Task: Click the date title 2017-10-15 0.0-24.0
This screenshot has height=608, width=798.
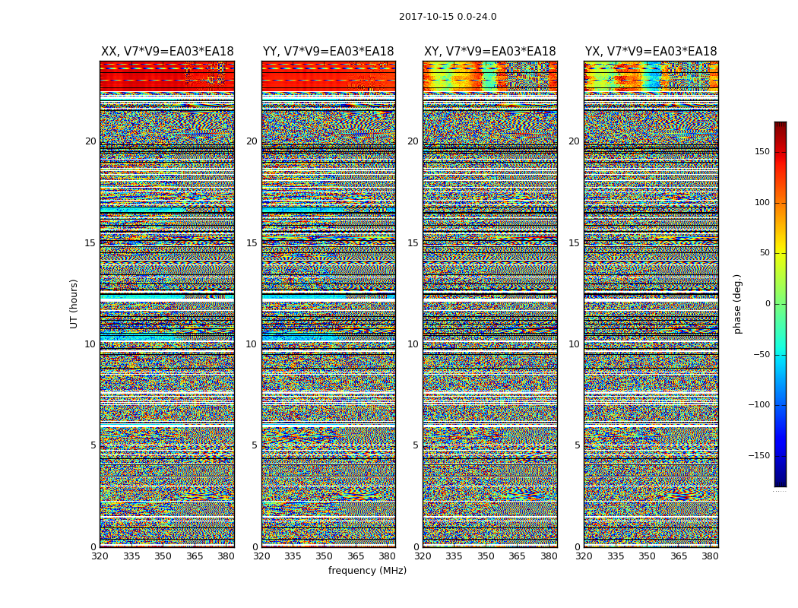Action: (448, 17)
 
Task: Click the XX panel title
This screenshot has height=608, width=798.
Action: (167, 52)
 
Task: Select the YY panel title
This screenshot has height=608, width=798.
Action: (328, 52)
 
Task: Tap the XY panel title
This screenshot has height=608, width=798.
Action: (489, 52)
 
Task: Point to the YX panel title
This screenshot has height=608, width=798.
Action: (651, 52)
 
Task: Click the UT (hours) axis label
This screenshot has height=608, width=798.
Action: (74, 303)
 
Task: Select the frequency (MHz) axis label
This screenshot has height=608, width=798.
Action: (367, 571)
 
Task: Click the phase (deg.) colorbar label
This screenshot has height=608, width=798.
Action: (737, 303)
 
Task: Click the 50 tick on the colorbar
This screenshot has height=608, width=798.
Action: (778, 253)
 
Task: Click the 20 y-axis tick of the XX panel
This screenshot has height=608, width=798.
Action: (90, 141)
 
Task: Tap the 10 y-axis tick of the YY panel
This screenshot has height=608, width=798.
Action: (252, 344)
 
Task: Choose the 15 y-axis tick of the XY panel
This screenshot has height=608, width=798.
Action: (413, 243)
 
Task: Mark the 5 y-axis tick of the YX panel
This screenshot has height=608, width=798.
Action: (577, 445)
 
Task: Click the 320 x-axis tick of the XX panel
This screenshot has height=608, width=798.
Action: (100, 556)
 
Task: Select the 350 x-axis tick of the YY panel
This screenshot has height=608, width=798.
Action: (325, 556)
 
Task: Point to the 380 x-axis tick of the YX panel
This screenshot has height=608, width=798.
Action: (710, 556)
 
